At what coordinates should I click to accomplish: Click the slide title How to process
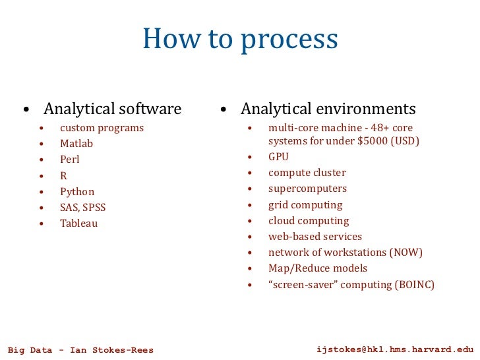pyautogui.click(x=240, y=40)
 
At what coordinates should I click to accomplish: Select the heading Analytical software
pyautogui.click(x=112, y=108)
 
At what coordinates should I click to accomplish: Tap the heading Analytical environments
pyautogui.click(x=328, y=108)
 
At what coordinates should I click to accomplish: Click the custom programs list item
pyautogui.click(x=102, y=128)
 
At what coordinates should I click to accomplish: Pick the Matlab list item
pyautogui.click(x=76, y=144)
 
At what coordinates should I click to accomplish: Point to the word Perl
pyautogui.click(x=69, y=160)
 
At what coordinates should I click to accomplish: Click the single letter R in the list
pyautogui.click(x=63, y=176)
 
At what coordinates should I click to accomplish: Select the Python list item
pyautogui.click(x=77, y=192)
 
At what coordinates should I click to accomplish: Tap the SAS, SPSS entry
pyautogui.click(x=82, y=208)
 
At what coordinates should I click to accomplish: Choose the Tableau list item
pyautogui.click(x=78, y=224)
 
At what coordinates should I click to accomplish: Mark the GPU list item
pyautogui.click(x=278, y=157)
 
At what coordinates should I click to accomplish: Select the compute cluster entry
pyautogui.click(x=307, y=173)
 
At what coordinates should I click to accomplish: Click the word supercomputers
pyautogui.click(x=307, y=189)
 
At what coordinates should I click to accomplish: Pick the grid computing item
pyautogui.click(x=305, y=205)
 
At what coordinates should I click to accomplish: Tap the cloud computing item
pyautogui.click(x=309, y=221)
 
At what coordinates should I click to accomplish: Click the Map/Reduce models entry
pyautogui.click(x=318, y=268)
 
